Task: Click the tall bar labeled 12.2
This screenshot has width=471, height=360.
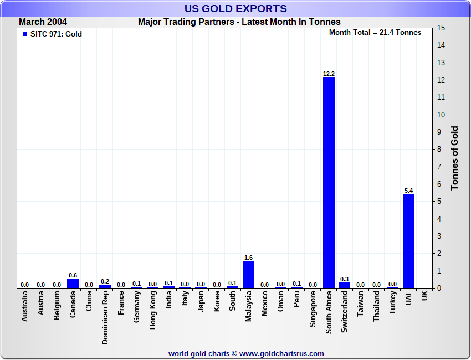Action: coord(329,183)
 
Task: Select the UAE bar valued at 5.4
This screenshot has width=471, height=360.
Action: coord(408,241)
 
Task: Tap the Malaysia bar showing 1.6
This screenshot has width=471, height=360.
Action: coord(248,275)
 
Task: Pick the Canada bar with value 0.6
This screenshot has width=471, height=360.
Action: coord(73,283)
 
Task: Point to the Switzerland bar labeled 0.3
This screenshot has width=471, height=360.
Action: coord(345,285)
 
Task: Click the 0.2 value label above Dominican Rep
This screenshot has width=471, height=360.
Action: coord(105,281)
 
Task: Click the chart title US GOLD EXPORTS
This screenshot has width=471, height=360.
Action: coord(235,8)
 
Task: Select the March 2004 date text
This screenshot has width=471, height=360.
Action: coord(43,22)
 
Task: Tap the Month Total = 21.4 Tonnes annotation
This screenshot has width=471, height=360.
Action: coord(375,32)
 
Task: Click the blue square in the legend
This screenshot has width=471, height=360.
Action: coord(24,34)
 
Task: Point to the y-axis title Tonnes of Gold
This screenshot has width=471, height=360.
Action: coord(454,158)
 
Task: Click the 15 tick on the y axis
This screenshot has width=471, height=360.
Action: coord(441,28)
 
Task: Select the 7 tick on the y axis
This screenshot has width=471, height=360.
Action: coord(441,167)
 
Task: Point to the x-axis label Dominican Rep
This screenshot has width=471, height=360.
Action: coord(105,318)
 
